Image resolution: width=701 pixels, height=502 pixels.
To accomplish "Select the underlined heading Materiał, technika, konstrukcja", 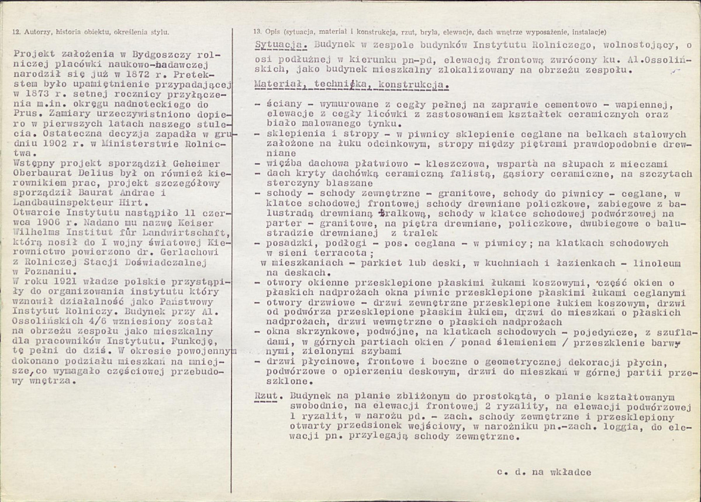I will tap(352, 85).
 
